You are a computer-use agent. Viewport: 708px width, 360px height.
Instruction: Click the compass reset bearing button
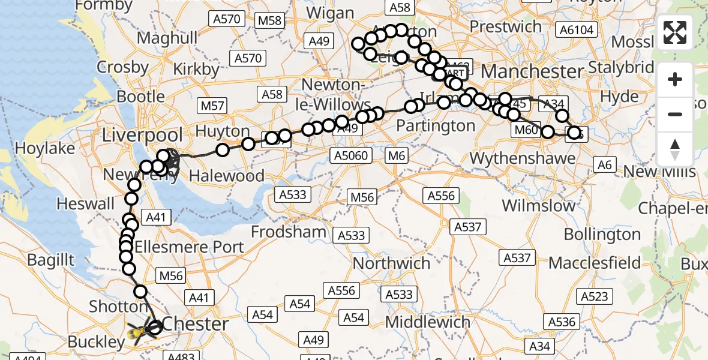[675, 148]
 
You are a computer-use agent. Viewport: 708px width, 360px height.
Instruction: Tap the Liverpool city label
[142, 134]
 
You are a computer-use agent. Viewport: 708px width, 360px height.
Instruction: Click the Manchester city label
[532, 71]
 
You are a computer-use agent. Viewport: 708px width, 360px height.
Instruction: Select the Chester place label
[196, 324]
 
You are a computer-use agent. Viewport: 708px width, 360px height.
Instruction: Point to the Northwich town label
[392, 263]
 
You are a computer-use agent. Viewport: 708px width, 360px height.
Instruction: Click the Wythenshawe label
[522, 158]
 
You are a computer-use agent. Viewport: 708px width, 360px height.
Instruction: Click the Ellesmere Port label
[190, 247]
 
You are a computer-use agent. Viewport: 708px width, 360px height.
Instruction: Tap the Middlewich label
[428, 322]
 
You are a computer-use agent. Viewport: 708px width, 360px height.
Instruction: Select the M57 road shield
[212, 106]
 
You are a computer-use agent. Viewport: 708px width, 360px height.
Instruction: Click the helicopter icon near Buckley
[138, 331]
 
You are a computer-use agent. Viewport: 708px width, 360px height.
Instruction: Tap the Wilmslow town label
[538, 206]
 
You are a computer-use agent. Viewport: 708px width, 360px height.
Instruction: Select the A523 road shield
[595, 296]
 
